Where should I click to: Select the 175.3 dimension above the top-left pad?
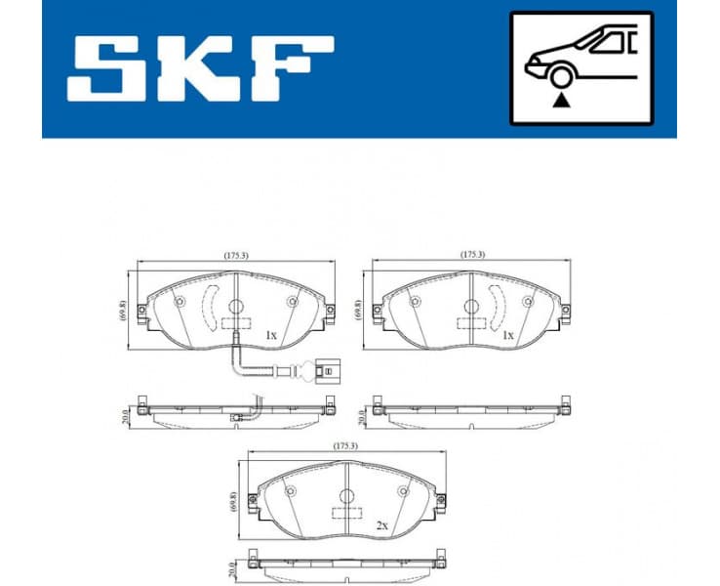pos(236,255)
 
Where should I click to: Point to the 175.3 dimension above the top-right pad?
pos(472,255)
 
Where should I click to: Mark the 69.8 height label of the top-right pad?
pos(360,312)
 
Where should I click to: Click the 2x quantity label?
pos(382,524)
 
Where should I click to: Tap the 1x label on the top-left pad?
pos(271,335)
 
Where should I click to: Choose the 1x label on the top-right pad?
pos(507,335)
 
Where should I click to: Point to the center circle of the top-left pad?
pos(235,307)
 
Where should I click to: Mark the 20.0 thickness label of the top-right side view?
pos(360,415)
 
